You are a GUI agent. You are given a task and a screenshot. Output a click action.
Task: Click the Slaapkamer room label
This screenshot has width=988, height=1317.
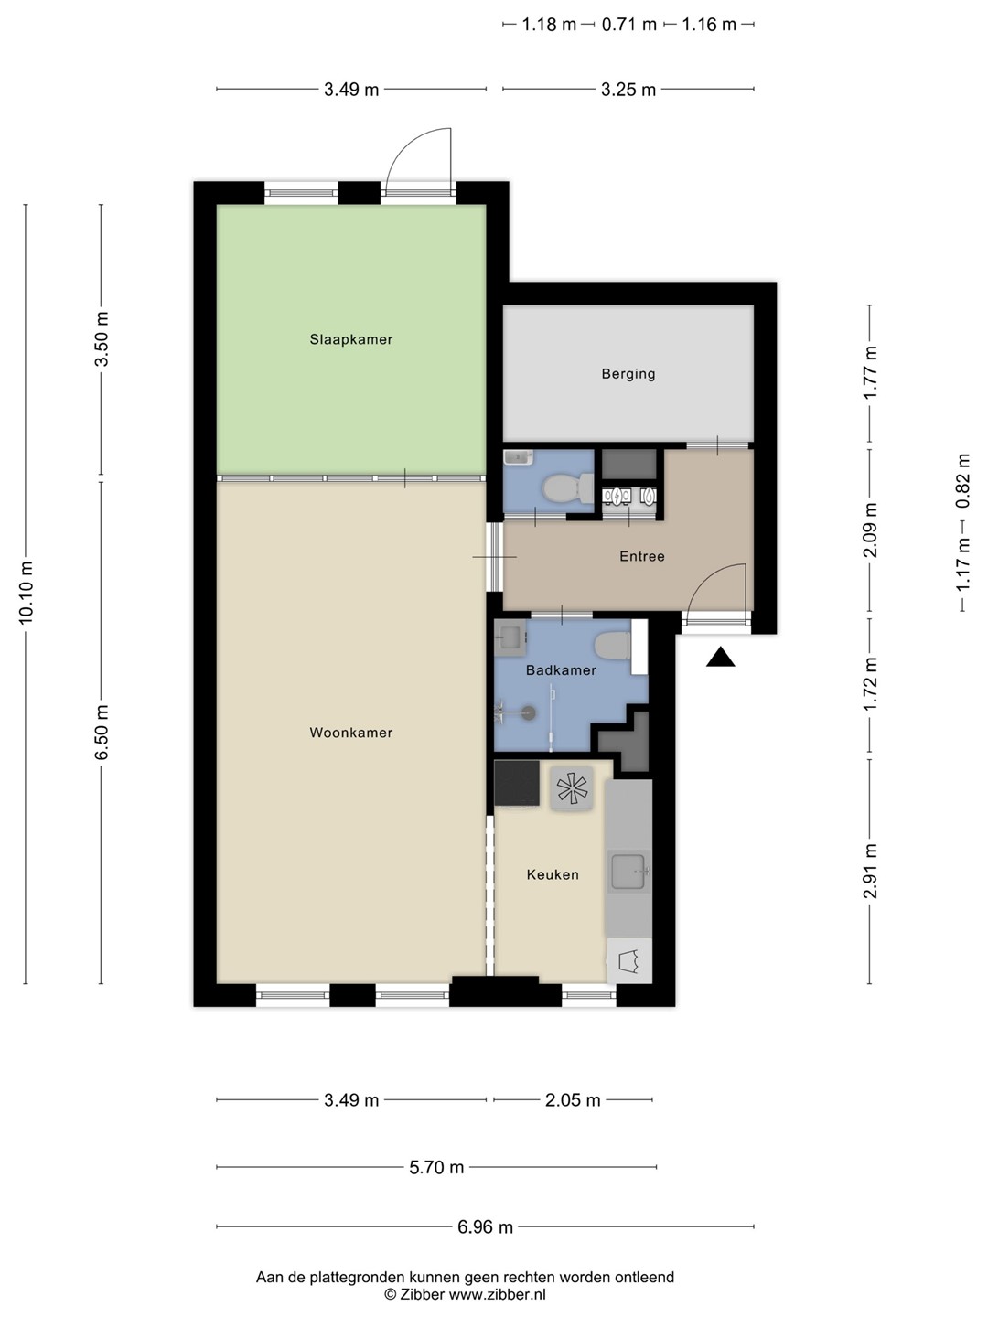pyautogui.click(x=351, y=339)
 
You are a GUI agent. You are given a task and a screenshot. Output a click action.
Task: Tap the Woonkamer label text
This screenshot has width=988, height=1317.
pyautogui.click(x=351, y=733)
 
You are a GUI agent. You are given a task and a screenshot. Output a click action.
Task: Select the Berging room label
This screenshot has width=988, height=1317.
pyautogui.click(x=628, y=374)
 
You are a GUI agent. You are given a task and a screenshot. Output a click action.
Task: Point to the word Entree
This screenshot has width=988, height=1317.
pyautogui.click(x=642, y=557)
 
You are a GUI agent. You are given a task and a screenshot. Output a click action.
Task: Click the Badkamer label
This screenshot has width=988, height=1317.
pyautogui.click(x=561, y=670)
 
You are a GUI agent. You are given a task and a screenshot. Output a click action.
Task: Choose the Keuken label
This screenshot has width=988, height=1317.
pyautogui.click(x=553, y=875)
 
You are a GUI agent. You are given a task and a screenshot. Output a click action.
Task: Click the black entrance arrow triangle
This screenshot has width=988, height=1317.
pyautogui.click(x=720, y=657)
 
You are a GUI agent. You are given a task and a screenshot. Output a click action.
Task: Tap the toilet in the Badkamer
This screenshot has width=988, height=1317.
pyautogui.click(x=612, y=647)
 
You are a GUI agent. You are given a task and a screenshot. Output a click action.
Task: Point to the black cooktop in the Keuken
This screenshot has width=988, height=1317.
pyautogui.click(x=517, y=784)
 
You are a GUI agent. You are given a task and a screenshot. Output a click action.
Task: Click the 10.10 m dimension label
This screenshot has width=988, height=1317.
pyautogui.click(x=26, y=593)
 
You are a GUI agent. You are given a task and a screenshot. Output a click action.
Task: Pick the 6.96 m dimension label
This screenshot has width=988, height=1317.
pyautogui.click(x=485, y=1227)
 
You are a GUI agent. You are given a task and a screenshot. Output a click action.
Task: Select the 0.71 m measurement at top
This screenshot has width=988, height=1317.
pyautogui.click(x=629, y=25)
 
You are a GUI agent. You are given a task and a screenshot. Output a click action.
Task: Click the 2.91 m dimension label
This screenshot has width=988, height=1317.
pyautogui.click(x=870, y=871)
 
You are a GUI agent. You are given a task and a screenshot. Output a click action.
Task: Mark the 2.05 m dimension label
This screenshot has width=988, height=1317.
pyautogui.click(x=573, y=1100)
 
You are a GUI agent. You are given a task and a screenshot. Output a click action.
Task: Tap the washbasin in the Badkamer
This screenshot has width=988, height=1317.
pyautogui.click(x=510, y=637)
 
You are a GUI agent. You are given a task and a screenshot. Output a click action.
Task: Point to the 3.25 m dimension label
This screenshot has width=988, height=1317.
pyautogui.click(x=628, y=90)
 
